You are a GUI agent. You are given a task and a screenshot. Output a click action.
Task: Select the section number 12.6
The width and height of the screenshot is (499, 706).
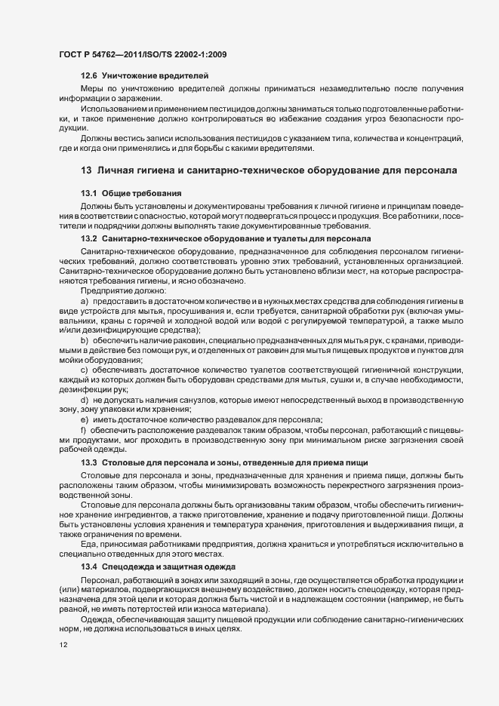(88, 77)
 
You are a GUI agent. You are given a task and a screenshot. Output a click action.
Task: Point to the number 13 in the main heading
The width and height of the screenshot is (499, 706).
(85, 170)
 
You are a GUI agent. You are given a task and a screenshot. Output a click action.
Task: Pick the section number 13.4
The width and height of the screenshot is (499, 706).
(88, 566)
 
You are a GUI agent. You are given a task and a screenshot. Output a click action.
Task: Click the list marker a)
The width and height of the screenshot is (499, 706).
(84, 301)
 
